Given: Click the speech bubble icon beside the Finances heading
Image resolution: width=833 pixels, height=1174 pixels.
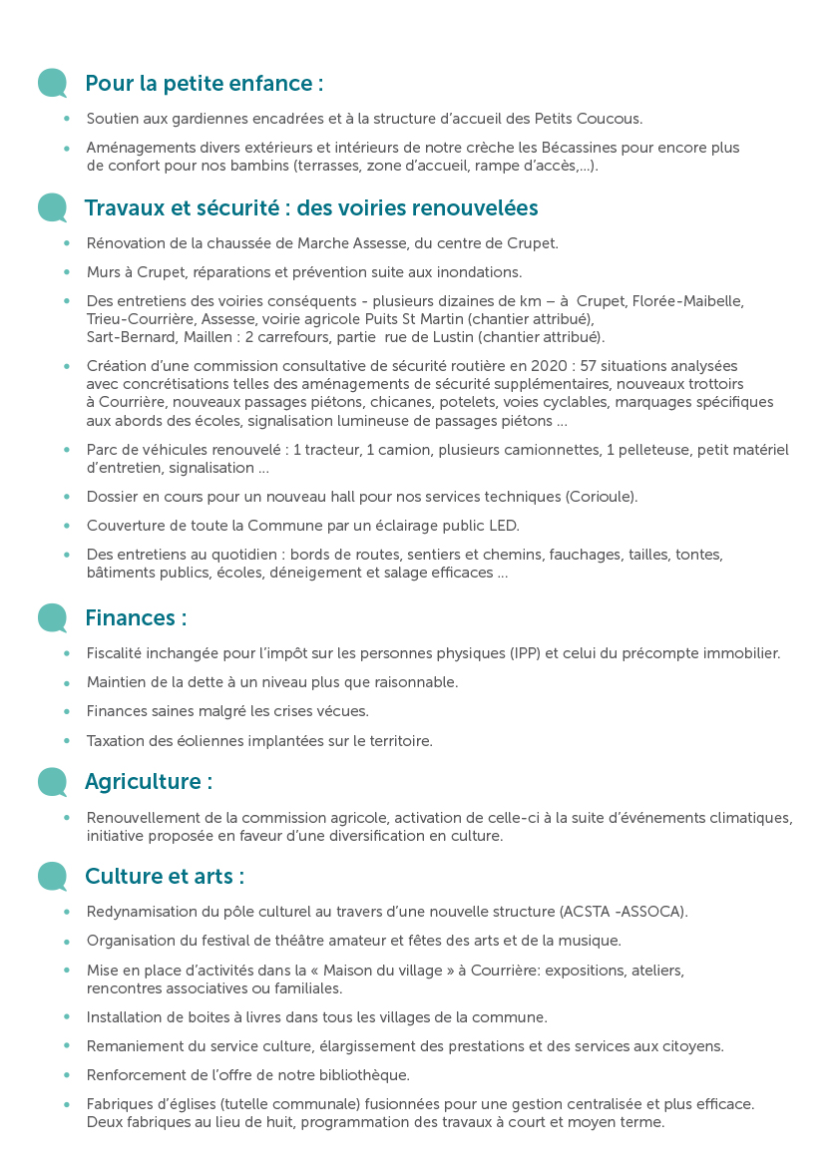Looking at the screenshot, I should tap(52, 617).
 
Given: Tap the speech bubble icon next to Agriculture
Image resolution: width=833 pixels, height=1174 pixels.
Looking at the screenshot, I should tap(52, 781).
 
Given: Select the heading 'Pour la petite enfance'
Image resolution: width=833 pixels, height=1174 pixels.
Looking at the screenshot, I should tap(204, 83).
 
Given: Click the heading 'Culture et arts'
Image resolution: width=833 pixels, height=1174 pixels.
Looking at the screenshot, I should tap(164, 877).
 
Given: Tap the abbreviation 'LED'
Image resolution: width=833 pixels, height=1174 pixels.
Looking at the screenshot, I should tap(502, 526).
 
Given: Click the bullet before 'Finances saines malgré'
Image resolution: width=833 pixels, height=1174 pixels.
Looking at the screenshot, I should tap(67, 712).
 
